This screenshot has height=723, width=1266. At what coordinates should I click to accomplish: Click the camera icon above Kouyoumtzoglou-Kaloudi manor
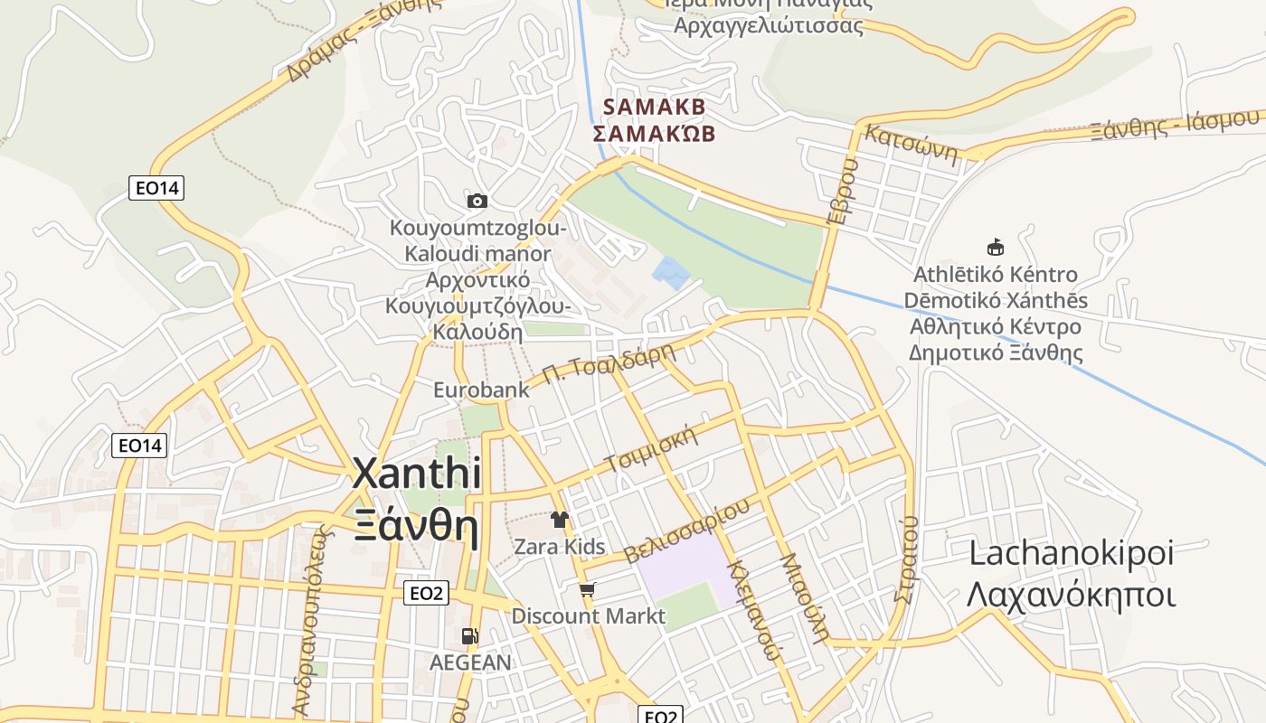point(477,201)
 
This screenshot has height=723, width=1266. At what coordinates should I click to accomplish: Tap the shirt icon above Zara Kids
point(560,520)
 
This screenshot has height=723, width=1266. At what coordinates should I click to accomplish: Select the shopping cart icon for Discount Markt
point(588,590)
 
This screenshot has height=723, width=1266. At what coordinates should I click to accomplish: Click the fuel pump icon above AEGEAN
point(469,636)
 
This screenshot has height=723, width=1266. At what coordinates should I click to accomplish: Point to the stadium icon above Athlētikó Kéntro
point(996,247)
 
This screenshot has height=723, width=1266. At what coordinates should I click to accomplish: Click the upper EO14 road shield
point(156,188)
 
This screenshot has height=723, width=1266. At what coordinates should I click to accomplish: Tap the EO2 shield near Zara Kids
point(425,593)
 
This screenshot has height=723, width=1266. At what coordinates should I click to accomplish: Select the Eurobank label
point(481,390)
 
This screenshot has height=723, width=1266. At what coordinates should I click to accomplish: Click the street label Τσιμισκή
point(653,449)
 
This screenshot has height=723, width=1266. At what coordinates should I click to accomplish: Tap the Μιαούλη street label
point(803,596)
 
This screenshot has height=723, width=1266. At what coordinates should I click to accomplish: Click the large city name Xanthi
point(416,474)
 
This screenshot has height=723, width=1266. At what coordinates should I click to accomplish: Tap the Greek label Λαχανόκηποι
point(1071,596)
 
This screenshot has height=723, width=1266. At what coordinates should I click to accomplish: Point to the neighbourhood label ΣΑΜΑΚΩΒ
point(654,134)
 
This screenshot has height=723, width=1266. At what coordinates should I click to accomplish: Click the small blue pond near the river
point(671,272)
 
